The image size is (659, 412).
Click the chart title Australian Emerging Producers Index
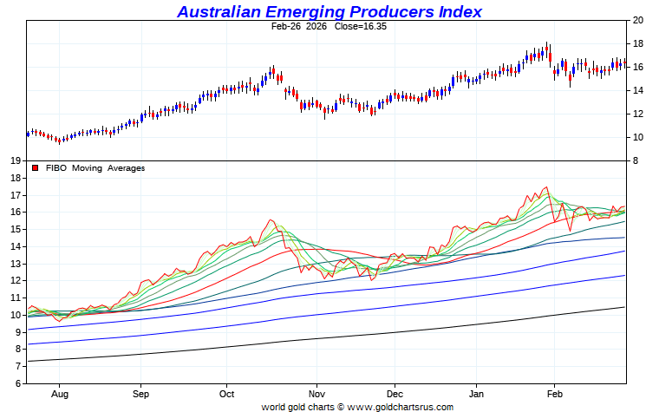[329, 11]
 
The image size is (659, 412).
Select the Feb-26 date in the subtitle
[286, 27]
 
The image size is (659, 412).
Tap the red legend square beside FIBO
[35, 168]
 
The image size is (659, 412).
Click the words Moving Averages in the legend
[108, 168]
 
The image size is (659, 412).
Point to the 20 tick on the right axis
[637, 20]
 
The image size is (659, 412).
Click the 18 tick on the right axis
[637, 43]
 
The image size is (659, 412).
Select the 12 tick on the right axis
[637, 114]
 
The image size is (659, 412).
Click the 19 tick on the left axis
[16, 161]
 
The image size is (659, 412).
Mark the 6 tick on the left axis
[18, 383]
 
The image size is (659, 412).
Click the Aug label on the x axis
[61, 393]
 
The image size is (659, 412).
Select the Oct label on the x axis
[227, 393]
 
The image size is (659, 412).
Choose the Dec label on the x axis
[395, 393]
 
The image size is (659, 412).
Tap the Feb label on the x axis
[554, 393]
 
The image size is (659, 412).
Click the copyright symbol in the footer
[340, 406]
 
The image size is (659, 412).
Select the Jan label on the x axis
[476, 393]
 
